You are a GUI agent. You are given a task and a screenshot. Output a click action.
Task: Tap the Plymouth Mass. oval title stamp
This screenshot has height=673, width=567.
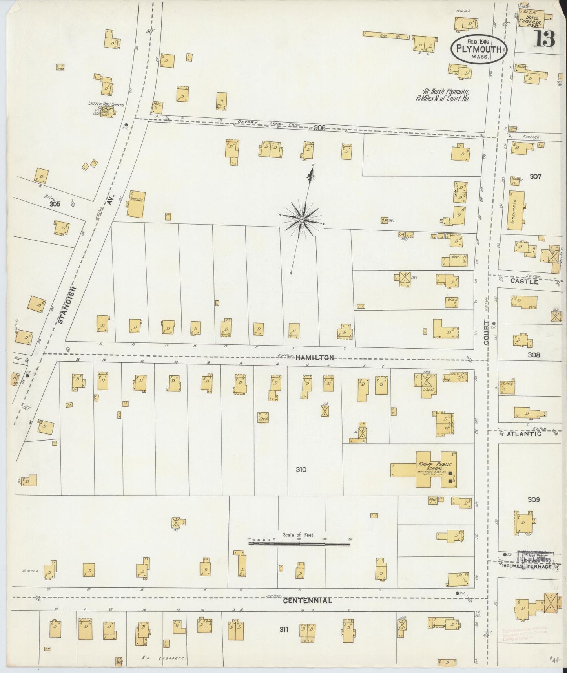coord(479,49)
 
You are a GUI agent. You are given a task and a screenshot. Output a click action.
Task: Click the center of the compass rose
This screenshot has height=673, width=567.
coord(302,219)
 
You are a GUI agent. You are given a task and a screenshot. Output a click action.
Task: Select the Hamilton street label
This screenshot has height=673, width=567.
coord(315,358)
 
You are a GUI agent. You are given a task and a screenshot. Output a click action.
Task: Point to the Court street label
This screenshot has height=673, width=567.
coord(487,332)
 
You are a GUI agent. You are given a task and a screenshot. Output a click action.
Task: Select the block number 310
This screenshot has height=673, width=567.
coord(301,469)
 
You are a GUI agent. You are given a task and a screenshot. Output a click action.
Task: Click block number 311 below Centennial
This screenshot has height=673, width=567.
coord(284,630)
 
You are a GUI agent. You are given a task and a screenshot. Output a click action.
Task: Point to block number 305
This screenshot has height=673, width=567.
coord(55,204)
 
